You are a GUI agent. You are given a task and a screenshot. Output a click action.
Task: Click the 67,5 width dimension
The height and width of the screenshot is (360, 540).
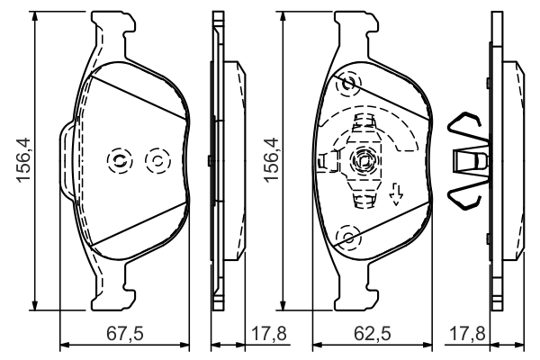pyautogui.click(x=124, y=334)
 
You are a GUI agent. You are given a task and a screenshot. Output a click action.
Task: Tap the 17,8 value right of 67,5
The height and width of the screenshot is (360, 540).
pyautogui.click(x=269, y=334)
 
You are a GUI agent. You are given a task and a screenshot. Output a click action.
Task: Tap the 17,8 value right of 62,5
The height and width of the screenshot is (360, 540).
pyautogui.click(x=466, y=334)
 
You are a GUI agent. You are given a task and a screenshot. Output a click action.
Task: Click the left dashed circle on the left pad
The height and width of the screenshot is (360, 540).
pyautogui.click(x=118, y=160)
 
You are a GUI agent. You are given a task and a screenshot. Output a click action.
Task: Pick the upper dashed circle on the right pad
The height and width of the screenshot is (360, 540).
pyautogui.click(x=346, y=85)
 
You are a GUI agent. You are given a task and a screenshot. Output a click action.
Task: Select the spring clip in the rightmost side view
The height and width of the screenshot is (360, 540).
pyautogui.click(x=470, y=160)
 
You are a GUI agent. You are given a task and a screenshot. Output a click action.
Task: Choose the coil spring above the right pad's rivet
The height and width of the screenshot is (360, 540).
pyautogui.click(x=365, y=125)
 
